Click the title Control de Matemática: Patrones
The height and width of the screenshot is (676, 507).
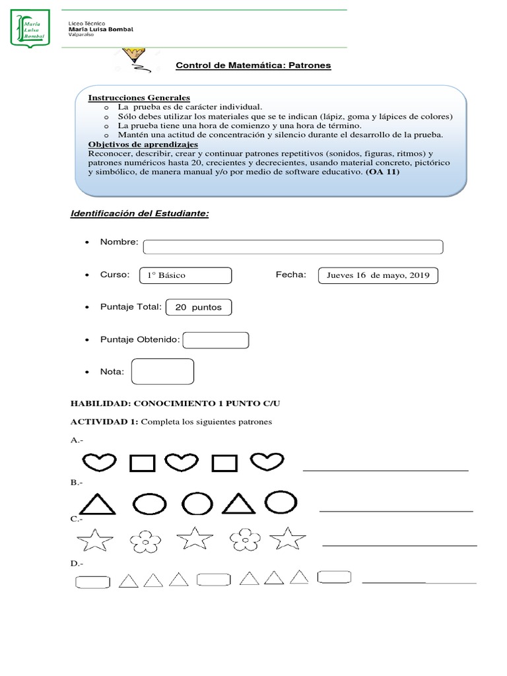point(253,65)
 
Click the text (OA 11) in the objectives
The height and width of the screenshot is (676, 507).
point(382,172)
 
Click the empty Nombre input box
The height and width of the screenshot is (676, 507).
point(292,247)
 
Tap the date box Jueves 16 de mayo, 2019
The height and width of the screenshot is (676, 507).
point(378,276)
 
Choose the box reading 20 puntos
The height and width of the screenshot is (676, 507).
point(198,308)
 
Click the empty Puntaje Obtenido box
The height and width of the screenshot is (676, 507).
point(215,340)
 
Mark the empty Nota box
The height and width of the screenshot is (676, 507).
point(162,372)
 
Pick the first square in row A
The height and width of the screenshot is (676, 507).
point(142,463)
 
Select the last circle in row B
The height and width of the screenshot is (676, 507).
point(281,502)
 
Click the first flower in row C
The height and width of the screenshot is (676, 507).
point(145,541)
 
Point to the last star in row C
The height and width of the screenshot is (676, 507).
point(288,539)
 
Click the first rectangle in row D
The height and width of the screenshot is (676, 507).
point(93,582)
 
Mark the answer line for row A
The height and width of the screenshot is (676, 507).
point(386,469)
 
